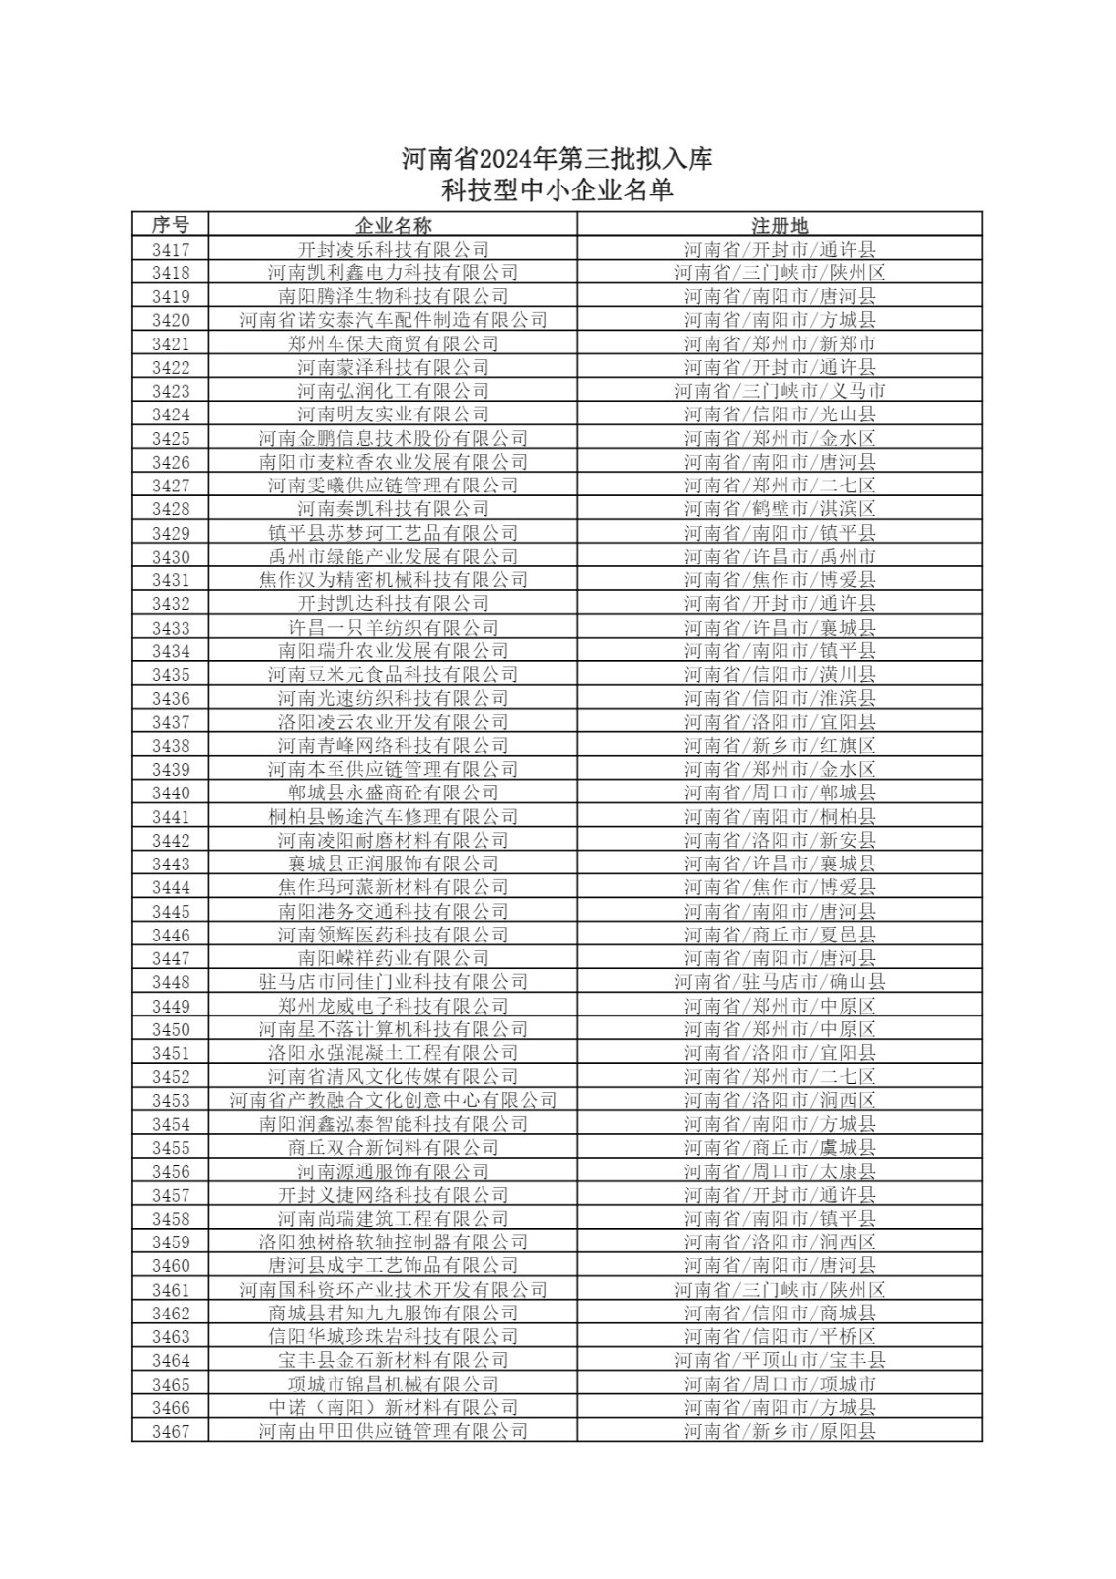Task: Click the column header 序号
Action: point(170,225)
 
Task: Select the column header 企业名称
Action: point(393,225)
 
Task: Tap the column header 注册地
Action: point(780,225)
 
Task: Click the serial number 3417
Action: point(170,250)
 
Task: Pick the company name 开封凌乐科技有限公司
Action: point(393,250)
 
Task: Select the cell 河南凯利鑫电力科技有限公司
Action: point(393,273)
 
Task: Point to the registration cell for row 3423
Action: point(780,391)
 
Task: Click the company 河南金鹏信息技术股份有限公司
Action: point(393,438)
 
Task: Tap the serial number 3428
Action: point(170,509)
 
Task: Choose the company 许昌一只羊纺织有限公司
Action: point(393,628)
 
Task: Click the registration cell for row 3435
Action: point(780,675)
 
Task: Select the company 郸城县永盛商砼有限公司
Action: point(393,792)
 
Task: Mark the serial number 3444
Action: point(170,887)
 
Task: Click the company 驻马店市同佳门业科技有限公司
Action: point(393,982)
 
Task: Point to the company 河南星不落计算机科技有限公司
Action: point(393,1029)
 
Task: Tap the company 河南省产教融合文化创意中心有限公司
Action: point(393,1100)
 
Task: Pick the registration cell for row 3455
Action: point(780,1148)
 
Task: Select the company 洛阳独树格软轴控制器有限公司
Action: point(393,1242)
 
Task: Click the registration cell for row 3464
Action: point(780,1361)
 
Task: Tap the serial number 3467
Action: point(170,1432)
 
